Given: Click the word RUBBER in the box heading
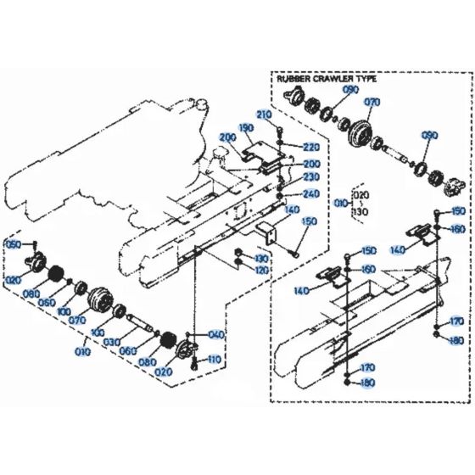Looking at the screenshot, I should (x=291, y=78).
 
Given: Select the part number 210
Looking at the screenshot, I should (x=264, y=115).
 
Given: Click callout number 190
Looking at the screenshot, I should (x=246, y=128).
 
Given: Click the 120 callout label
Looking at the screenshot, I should (x=261, y=269).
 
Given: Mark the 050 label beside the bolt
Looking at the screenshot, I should (x=13, y=244).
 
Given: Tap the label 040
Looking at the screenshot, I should (x=216, y=335).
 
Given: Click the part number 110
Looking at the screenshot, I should (x=213, y=360).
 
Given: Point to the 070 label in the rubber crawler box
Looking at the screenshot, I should (x=372, y=102).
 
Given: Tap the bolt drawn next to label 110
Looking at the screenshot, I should (x=195, y=363).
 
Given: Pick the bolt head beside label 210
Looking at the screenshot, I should (x=279, y=127).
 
